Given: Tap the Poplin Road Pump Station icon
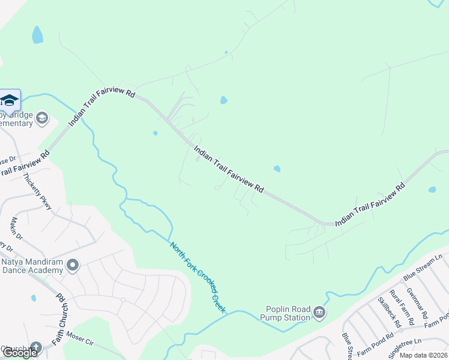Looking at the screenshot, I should click(x=319, y=312).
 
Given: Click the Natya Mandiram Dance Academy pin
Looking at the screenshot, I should click(x=73, y=265).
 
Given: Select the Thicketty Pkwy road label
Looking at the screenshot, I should click(x=37, y=191).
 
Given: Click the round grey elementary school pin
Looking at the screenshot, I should click(x=41, y=118).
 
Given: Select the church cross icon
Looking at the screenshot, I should click(x=35, y=347).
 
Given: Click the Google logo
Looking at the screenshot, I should click(x=19, y=353).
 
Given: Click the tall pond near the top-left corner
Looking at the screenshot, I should click(x=37, y=35).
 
